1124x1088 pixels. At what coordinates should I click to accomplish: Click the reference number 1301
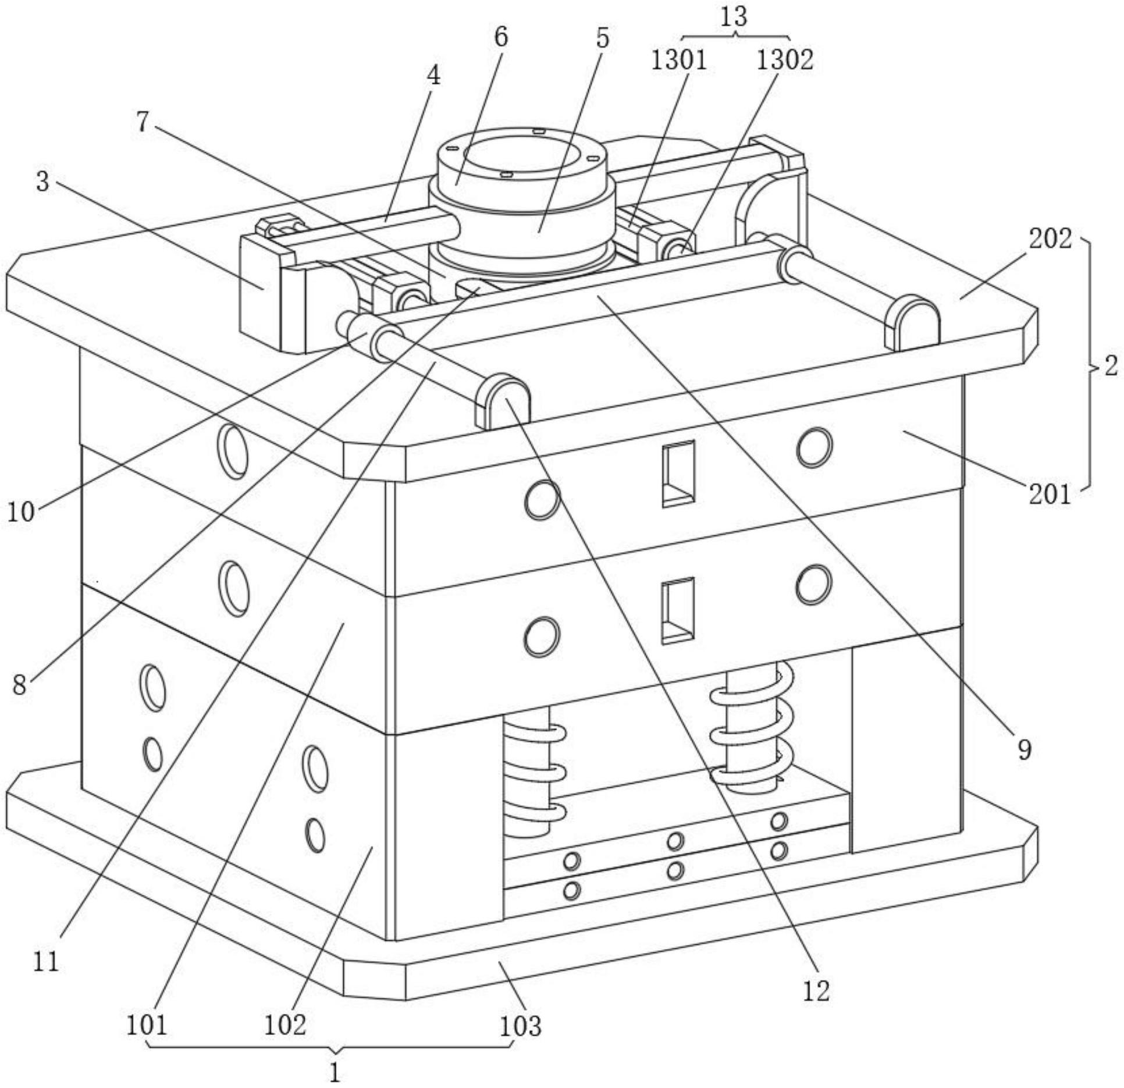pyautogui.click(x=678, y=60)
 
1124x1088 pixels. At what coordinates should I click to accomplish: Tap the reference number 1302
pyautogui.click(x=784, y=60)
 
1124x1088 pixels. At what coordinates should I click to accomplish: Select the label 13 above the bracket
pyautogui.click(x=734, y=16)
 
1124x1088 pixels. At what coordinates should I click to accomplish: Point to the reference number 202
pyautogui.click(x=1050, y=239)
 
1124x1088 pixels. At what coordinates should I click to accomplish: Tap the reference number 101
pyautogui.click(x=147, y=1025)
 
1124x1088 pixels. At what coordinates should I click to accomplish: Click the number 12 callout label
pyautogui.click(x=816, y=990)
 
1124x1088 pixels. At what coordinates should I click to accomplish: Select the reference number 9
pyautogui.click(x=1024, y=749)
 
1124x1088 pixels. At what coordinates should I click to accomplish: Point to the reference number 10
pyautogui.click(x=21, y=511)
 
